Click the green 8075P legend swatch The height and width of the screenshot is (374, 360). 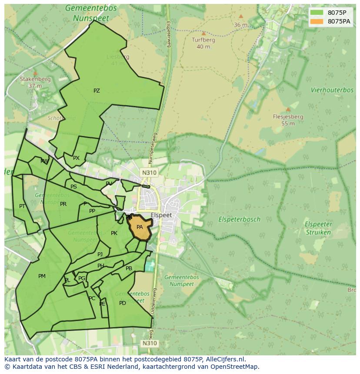tap(317, 13)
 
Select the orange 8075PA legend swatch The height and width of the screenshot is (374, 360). tap(317, 21)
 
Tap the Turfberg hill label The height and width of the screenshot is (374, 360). tap(203, 40)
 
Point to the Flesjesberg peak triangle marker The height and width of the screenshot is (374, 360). tap(288, 109)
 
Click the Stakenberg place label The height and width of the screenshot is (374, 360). tap(35, 79)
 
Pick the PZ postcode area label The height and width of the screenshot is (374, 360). tap(97, 91)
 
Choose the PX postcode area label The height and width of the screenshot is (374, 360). tap(76, 158)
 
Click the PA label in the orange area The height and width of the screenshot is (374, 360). tap(140, 227)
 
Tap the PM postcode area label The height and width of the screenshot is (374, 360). tap(42, 276)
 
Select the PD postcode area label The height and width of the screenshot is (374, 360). tap(123, 303)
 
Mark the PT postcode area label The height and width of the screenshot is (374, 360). tap(22, 206)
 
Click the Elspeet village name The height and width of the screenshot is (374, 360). tap(161, 215)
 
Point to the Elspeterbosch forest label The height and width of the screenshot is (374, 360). tap(239, 219)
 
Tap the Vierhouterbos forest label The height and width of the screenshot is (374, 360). tap(332, 90)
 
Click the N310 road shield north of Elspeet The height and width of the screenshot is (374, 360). tap(149, 172)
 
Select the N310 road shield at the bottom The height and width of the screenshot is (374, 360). tap(149, 343)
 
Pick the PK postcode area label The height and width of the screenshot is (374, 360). tap(114, 233)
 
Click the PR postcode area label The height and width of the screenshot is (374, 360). tap(63, 204)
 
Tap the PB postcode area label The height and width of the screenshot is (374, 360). tap(129, 268)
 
